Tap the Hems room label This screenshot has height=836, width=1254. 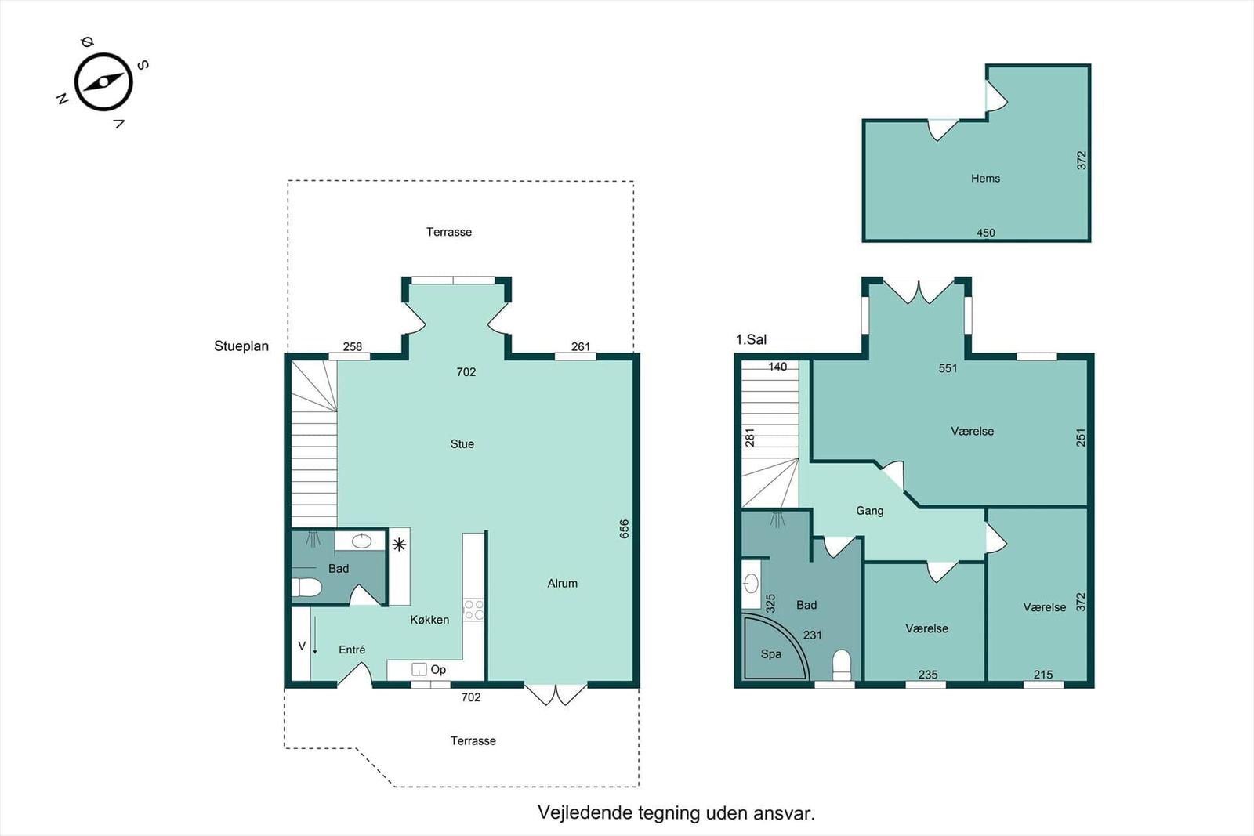pos(985,179)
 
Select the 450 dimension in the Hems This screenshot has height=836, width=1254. pos(986,233)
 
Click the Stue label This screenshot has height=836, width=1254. pos(462,444)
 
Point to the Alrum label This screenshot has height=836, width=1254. pos(562,584)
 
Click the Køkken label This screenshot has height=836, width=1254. pos(429,620)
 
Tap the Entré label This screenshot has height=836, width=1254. pos(352,650)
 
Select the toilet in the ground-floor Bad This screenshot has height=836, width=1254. pos(306,588)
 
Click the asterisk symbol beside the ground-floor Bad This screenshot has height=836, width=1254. pos(399,545)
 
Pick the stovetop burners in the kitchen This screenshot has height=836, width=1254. pos(473,610)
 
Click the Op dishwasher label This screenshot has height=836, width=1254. pos(438,670)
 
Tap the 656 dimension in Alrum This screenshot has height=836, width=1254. pos(624,530)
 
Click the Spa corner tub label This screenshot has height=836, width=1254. pos(771,654)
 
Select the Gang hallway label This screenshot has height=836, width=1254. pos(869,511)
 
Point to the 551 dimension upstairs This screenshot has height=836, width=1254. pos(948,368)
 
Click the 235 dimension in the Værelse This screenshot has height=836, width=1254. pos(928,675)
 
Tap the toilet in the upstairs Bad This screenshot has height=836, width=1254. pos(842,665)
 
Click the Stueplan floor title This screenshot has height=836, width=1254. pos(241,346)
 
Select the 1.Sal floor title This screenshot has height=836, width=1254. pos(751,340)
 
